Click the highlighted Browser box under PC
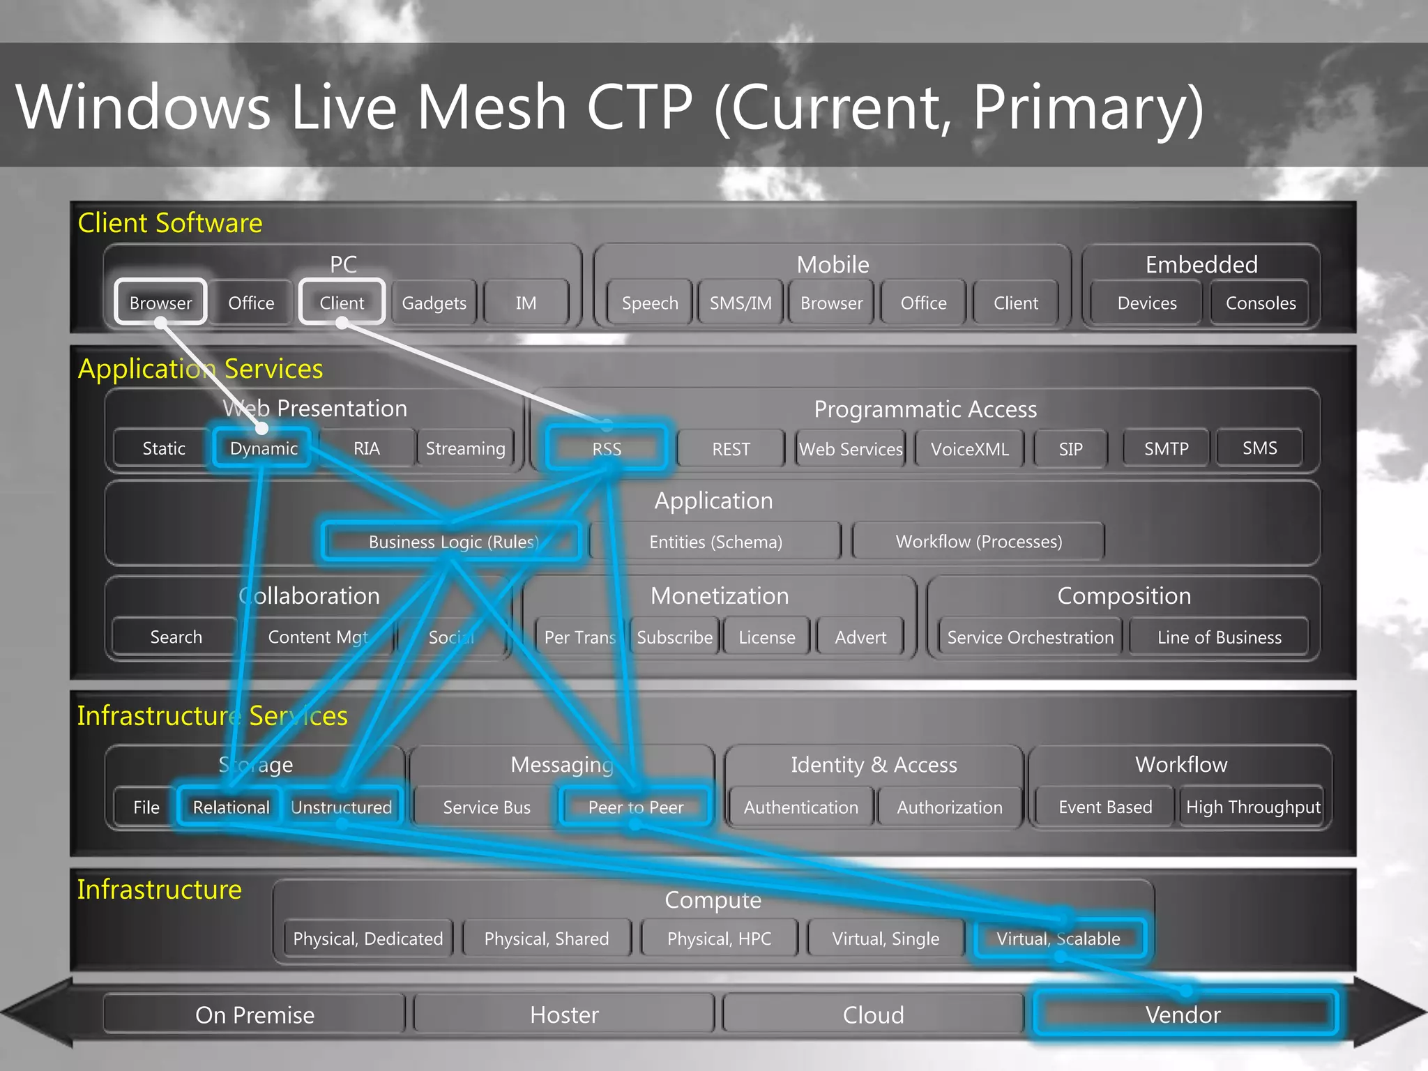(x=160, y=303)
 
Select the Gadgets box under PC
(x=434, y=303)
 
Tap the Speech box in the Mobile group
(x=649, y=303)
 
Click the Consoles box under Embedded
(x=1260, y=303)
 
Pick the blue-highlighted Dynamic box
(x=263, y=448)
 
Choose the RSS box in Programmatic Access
(x=606, y=448)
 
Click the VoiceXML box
(x=969, y=448)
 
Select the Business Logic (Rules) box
(x=453, y=541)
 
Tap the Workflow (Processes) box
(x=978, y=541)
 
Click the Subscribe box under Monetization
(x=674, y=637)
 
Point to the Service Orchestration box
(x=1030, y=637)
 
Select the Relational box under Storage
(x=231, y=807)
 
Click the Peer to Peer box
(x=635, y=807)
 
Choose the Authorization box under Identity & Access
(x=949, y=807)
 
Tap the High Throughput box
(x=1253, y=807)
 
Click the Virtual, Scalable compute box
(x=1058, y=939)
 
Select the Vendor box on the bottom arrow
(x=1183, y=1015)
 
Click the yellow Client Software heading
(x=169, y=223)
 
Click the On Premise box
(x=255, y=1015)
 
